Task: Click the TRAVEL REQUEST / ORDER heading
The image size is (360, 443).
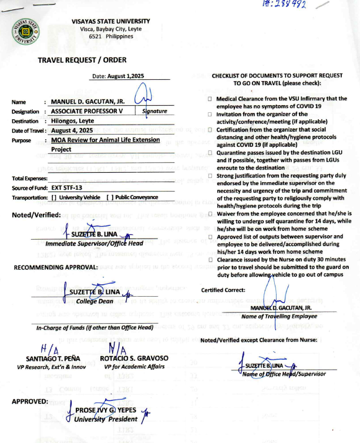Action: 82,60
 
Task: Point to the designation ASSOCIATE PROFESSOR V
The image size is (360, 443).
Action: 87,111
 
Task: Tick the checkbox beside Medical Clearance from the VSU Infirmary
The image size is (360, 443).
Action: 210,99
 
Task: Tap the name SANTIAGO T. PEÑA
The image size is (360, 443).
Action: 53,358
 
